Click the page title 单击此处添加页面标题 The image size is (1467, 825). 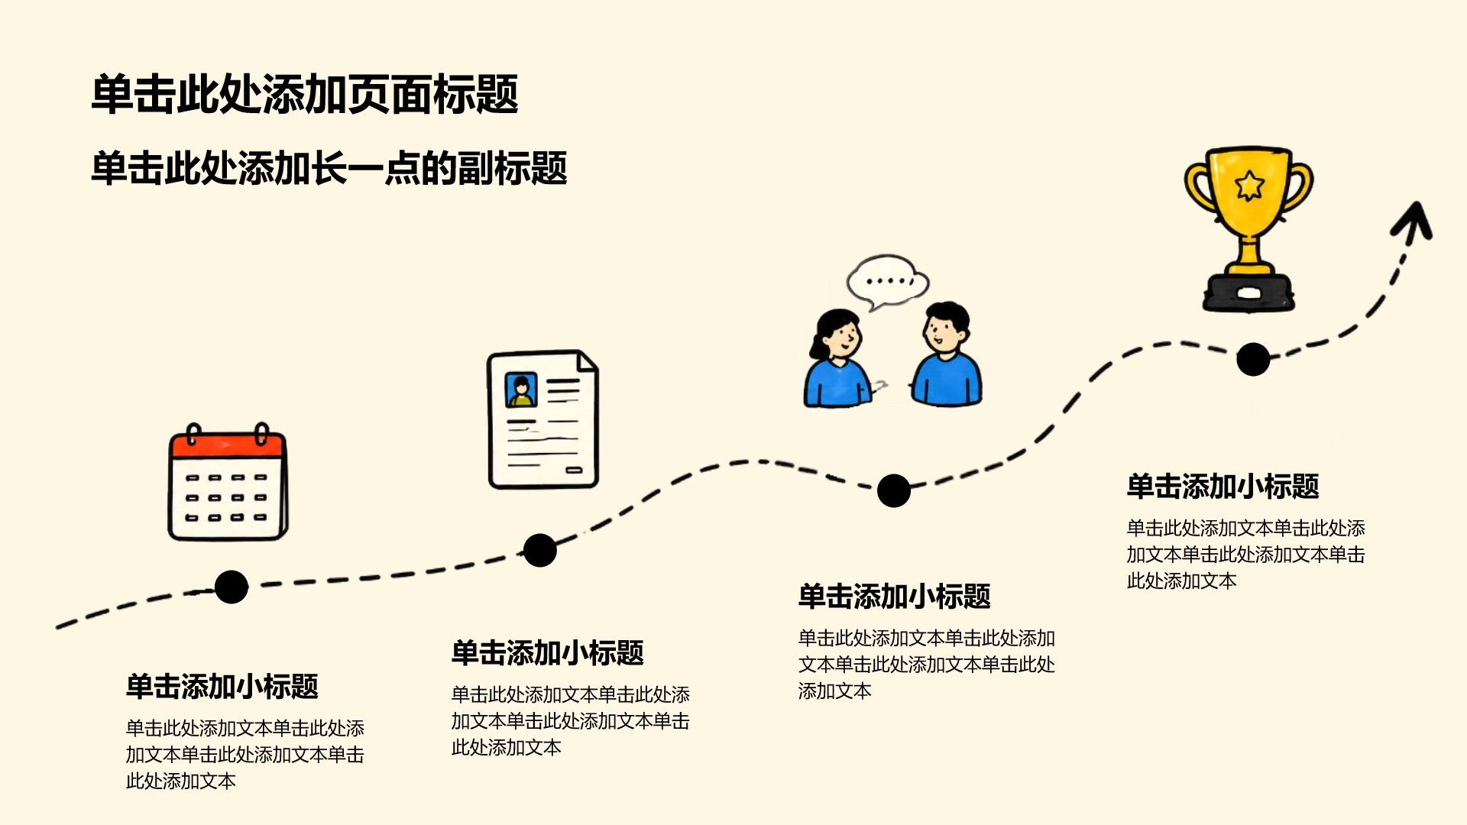(x=305, y=95)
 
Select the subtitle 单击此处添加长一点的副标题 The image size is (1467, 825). (x=329, y=168)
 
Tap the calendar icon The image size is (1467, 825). (x=228, y=482)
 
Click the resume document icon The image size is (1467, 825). (x=543, y=419)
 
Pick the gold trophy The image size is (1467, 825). (x=1248, y=229)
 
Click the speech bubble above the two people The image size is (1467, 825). (x=888, y=282)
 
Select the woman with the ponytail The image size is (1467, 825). (x=837, y=358)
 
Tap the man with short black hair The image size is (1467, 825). (x=947, y=354)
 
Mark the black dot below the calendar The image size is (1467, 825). (x=232, y=587)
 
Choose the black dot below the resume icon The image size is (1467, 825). (x=540, y=550)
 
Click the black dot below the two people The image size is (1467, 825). (x=894, y=490)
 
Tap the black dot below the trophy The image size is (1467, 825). (x=1253, y=359)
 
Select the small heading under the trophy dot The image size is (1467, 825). (x=1222, y=487)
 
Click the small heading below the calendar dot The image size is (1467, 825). (x=222, y=687)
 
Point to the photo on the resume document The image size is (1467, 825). (x=521, y=390)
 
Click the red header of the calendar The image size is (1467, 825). (x=228, y=445)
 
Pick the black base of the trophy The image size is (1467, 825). (x=1248, y=293)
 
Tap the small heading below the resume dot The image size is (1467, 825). (x=547, y=653)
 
